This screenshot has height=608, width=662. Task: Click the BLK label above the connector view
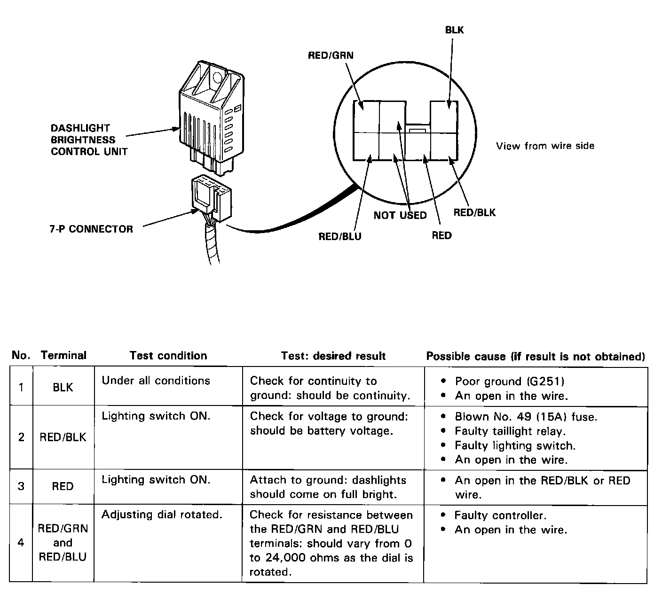454,30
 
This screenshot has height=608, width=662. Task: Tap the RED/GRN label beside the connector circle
331,55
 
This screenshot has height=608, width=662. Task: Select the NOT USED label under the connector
400,215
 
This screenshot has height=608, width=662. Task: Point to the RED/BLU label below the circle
340,236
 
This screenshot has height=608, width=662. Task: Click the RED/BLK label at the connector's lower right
474,212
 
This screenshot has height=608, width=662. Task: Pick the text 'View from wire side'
545,146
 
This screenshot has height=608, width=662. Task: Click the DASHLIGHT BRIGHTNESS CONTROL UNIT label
89,140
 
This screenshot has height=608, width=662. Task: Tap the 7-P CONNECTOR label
91,229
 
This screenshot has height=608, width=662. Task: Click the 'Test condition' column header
168,356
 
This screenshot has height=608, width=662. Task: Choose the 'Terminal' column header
63,356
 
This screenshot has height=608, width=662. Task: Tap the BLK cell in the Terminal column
63,387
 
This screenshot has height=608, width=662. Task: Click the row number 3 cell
21,486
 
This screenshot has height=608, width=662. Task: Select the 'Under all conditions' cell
156,381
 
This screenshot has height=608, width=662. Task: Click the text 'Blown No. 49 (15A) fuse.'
526,417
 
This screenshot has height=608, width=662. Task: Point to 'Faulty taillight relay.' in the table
510,431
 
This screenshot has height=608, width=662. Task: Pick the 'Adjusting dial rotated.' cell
162,514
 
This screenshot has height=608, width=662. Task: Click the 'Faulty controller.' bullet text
500,515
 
